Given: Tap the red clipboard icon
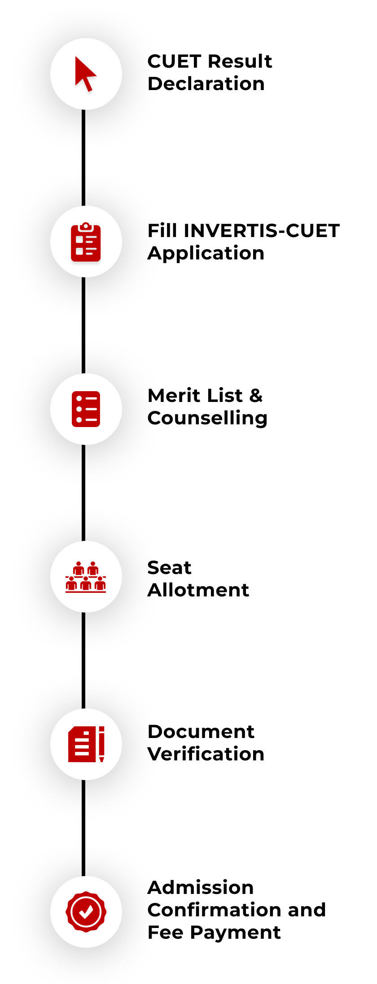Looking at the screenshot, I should coord(86,242).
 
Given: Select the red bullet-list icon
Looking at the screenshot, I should coord(86,409).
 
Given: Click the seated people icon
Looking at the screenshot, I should coord(86,577).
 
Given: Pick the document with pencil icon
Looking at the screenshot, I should coord(86,744).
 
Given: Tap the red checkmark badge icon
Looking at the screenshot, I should coord(86,911).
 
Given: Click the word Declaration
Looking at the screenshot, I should coord(206,84).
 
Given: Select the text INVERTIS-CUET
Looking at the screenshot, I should coord(262,231).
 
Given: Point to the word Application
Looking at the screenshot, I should coord(206,254).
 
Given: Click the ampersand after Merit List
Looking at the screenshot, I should coord(256,396).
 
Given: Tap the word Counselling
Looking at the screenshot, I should coord(207,418).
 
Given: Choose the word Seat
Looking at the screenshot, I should coord(169,568).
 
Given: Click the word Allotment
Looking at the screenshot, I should coord(198,590).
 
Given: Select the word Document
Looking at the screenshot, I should coord(201,732).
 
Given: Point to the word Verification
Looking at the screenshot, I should coord(206,754).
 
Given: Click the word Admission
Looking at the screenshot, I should coord(201,888).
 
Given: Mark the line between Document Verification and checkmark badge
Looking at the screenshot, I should coord(83,828).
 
